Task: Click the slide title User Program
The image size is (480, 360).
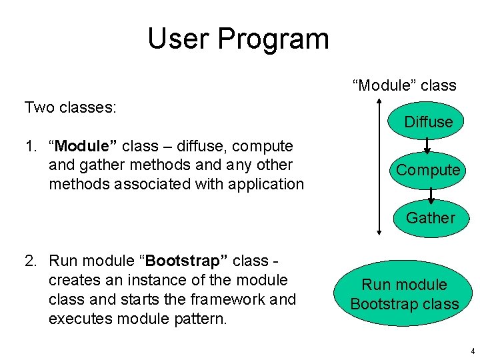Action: point(238,39)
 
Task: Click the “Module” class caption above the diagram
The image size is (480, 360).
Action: point(404,85)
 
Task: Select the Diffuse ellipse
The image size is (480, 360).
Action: point(428,121)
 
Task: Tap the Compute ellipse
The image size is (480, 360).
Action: point(428,170)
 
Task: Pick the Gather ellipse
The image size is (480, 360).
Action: point(430,217)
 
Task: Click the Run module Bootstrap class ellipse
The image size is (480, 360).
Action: point(405,295)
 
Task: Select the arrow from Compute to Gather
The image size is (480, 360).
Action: point(431,194)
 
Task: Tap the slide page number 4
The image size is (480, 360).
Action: point(472,351)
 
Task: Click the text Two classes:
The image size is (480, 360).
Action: point(71,107)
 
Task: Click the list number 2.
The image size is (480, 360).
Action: point(31,260)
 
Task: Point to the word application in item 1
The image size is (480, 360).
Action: point(267,184)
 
